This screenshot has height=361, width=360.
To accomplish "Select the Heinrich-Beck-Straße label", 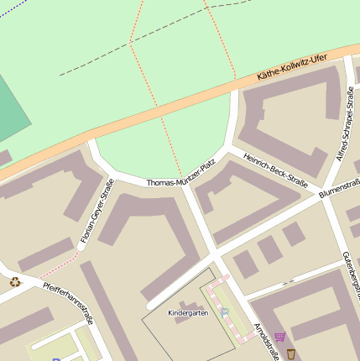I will pyautogui.click(x=275, y=170).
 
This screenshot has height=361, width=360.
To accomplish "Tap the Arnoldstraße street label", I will pyautogui.click(x=266, y=343).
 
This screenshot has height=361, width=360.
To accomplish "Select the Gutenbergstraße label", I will pyautogui.click(x=351, y=269).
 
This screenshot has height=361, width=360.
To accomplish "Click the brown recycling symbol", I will pyautogui.click(x=14, y=282).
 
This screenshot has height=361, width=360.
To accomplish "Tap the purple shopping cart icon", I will pyautogui.click(x=279, y=337).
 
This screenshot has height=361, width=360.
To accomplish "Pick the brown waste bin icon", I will pyautogui.click(x=290, y=353).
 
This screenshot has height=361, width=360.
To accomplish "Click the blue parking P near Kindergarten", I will pyautogui.click(x=224, y=311).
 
